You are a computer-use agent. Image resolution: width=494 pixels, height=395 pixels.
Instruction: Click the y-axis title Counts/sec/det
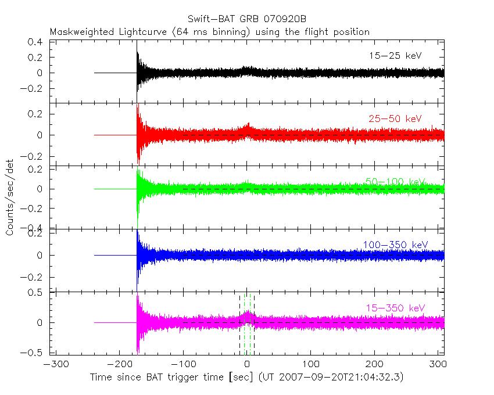[x=10, y=199]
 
